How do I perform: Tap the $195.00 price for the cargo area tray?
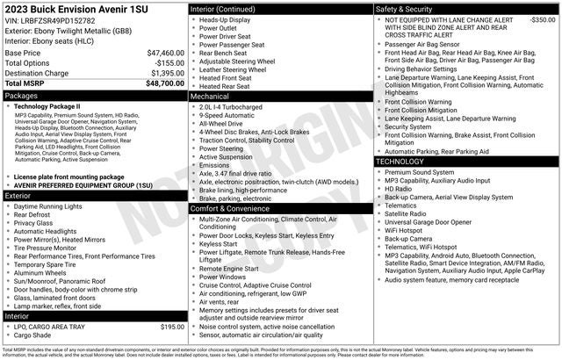172,326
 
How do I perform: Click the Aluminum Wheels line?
43,274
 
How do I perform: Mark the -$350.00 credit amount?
542,18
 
